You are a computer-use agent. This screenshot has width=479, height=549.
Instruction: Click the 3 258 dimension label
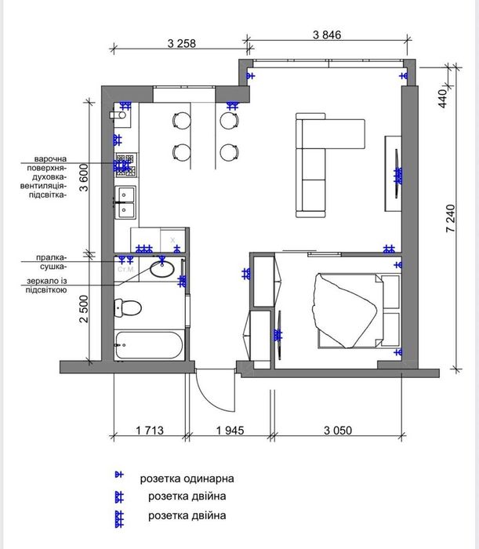182,43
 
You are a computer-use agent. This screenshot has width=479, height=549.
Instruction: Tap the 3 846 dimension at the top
327,35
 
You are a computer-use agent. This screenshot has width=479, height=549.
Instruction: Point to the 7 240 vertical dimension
451,218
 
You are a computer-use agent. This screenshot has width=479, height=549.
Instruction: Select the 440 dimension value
442,99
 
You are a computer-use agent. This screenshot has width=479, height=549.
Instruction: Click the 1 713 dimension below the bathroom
150,430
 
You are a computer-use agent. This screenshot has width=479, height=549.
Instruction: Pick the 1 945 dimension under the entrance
230,430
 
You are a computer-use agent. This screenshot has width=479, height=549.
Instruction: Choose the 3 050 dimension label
338,430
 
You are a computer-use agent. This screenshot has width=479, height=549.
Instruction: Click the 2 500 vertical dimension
84,309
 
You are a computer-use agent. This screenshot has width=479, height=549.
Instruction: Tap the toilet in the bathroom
128,308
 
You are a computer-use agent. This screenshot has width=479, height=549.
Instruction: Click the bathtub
150,345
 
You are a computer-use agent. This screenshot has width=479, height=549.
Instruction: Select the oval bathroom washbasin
162,269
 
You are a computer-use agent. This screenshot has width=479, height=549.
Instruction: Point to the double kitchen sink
125,202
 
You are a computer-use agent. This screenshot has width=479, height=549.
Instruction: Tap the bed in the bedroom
358,311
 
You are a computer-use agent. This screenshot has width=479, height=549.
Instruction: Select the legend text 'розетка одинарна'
187,478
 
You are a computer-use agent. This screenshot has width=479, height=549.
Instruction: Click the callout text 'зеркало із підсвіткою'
46,285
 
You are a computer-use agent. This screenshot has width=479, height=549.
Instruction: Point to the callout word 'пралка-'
50,258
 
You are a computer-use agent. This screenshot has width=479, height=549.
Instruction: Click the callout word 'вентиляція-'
42,186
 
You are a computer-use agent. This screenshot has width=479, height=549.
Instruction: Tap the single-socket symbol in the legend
119,474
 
